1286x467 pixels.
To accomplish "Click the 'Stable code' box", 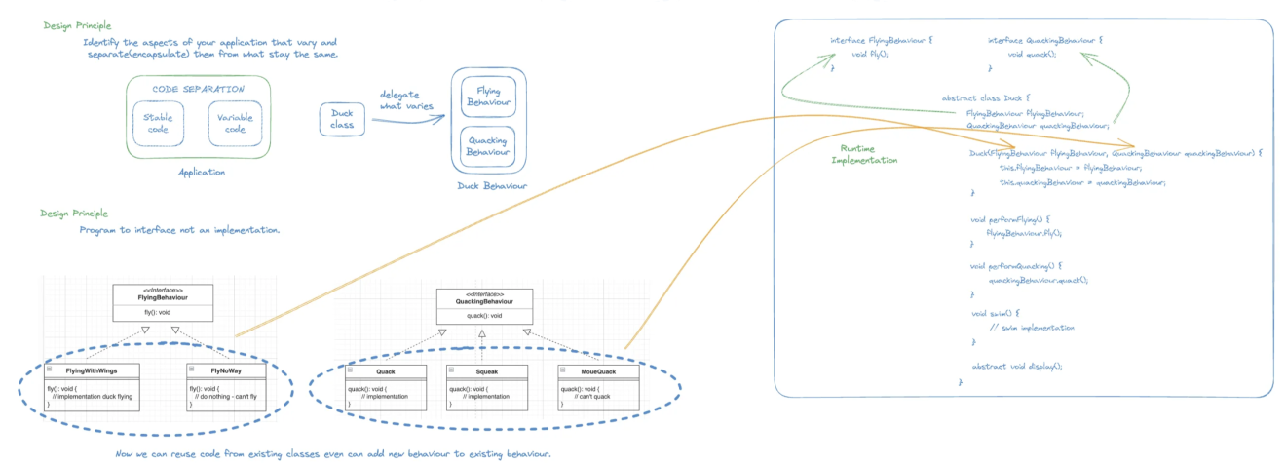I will tap(157, 123).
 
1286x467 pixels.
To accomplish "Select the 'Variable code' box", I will tap(235, 123).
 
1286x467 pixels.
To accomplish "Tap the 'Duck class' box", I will tap(342, 120).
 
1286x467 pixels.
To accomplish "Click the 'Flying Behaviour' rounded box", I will tap(488, 97).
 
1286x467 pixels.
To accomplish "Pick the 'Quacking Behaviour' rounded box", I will tap(488, 146).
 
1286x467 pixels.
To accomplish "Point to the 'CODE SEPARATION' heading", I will tap(199, 89).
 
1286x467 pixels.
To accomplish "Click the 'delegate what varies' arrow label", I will tap(406, 99).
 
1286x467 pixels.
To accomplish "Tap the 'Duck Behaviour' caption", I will tap(492, 186).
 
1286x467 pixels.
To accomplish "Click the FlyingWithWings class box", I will tap(94, 386).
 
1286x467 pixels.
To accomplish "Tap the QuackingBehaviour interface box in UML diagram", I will tap(484, 306).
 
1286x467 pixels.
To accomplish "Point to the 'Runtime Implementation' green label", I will tap(863, 154).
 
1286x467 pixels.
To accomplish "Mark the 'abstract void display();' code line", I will tap(1016, 366).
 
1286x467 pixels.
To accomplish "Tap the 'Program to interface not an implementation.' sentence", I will tap(180, 230).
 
